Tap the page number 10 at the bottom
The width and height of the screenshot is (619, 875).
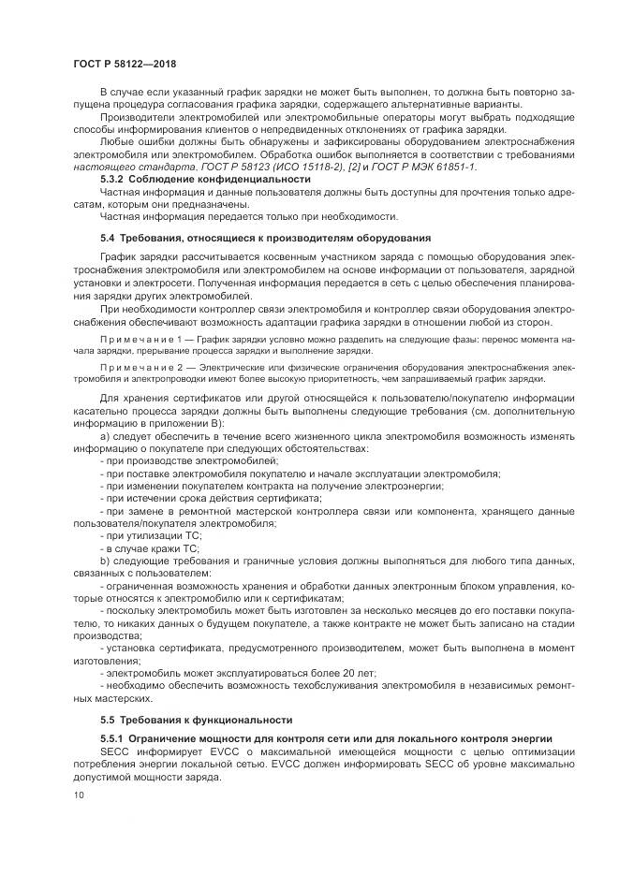tap(79, 795)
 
